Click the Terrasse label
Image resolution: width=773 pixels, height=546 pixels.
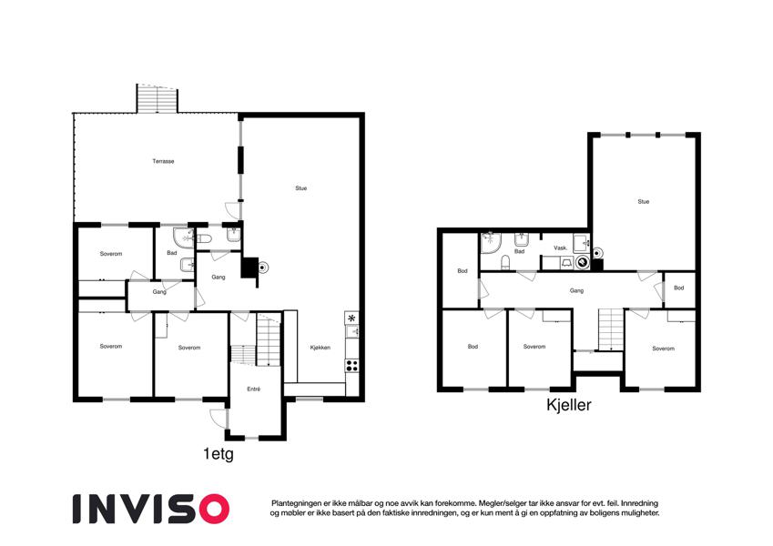(x=163, y=161)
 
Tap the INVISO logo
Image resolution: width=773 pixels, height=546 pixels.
(x=151, y=509)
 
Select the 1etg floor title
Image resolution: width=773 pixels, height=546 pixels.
(x=219, y=453)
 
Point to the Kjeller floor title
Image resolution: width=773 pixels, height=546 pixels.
(x=568, y=405)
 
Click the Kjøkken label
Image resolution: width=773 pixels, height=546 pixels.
(x=320, y=348)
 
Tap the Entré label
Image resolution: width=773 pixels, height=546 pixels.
(x=253, y=389)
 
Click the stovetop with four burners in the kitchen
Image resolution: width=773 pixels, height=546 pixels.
(x=351, y=365)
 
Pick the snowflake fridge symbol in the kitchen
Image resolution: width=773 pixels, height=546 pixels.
(x=351, y=318)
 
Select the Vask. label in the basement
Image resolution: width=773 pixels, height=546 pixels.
(x=560, y=248)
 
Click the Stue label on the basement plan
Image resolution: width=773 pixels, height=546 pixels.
(x=644, y=201)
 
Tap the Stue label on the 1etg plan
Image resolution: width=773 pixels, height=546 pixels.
(x=300, y=188)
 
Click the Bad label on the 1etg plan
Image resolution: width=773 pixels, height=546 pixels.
(x=171, y=253)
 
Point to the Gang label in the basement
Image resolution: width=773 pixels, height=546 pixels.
(x=576, y=290)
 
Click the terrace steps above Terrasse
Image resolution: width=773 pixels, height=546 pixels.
(x=157, y=98)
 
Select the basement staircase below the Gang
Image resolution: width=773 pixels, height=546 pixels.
(x=611, y=329)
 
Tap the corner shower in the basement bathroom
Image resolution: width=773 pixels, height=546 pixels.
(x=491, y=243)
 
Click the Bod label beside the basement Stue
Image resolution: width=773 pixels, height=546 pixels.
(x=679, y=288)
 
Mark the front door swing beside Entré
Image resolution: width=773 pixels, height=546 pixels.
(x=218, y=419)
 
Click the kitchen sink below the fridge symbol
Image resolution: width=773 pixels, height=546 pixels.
(x=351, y=331)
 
